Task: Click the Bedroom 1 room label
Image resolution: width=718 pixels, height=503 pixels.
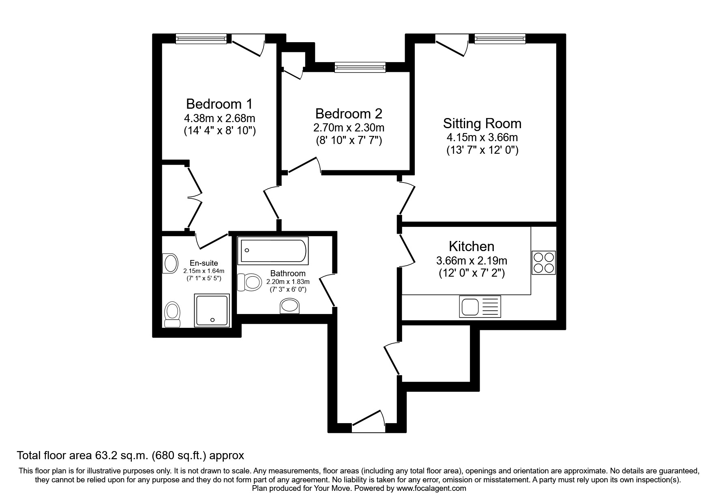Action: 219,104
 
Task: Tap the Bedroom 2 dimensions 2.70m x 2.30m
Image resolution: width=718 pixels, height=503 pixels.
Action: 349,128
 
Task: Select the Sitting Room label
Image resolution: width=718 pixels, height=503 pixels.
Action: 482,123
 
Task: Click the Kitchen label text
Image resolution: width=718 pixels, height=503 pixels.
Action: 471,246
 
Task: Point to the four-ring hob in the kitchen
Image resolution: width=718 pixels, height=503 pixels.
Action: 543,262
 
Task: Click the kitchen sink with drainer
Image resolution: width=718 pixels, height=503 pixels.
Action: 480,306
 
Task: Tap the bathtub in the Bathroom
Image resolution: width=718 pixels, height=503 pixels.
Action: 274,251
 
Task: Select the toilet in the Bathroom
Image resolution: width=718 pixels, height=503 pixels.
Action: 249,282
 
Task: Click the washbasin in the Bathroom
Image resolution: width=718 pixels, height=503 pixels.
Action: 290,306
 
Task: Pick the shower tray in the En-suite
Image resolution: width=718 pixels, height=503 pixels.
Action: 212,310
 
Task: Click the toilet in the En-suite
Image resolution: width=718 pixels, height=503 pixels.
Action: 173,314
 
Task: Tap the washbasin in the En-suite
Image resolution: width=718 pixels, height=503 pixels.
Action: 170,264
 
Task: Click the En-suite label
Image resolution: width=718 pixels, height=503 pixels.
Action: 204,263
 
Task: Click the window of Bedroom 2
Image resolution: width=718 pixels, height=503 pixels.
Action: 360,67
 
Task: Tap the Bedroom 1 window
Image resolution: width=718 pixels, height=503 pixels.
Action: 201,39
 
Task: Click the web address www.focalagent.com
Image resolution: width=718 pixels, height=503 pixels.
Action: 431,488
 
